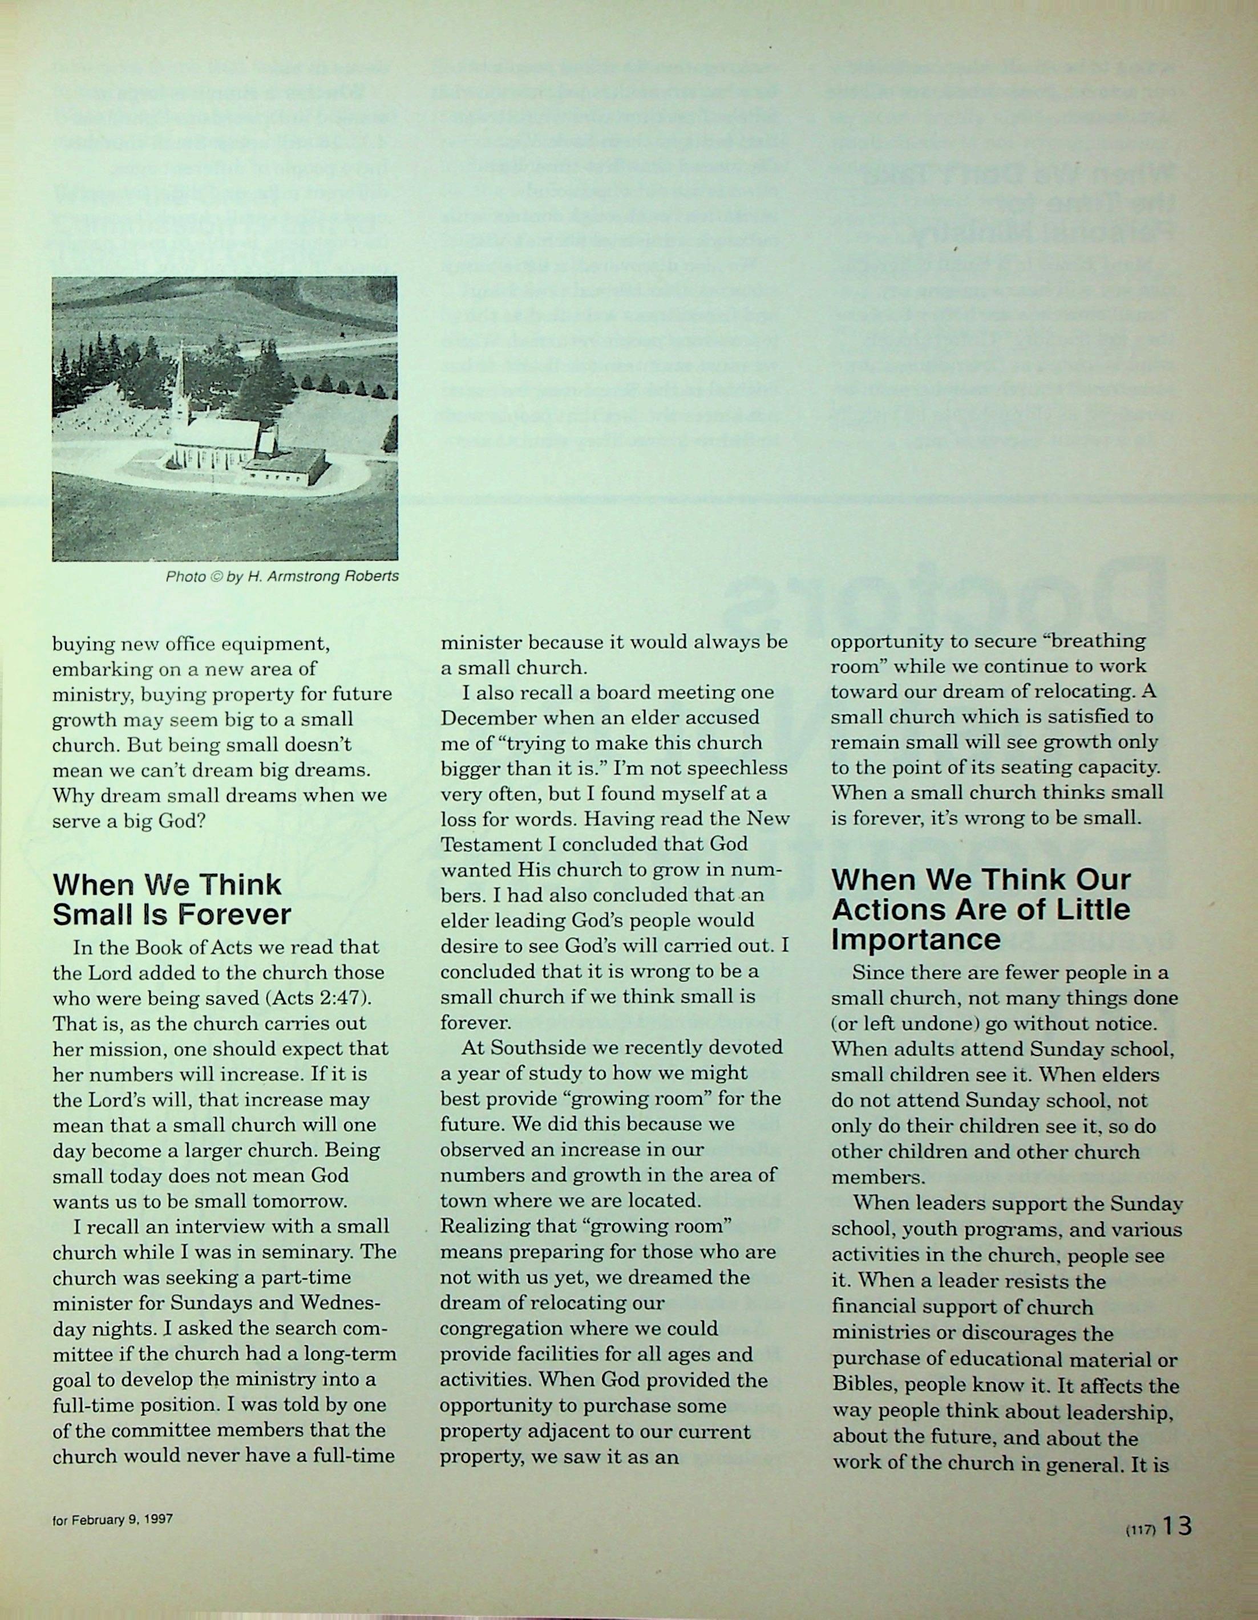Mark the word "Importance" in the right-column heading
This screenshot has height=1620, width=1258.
coord(916,939)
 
